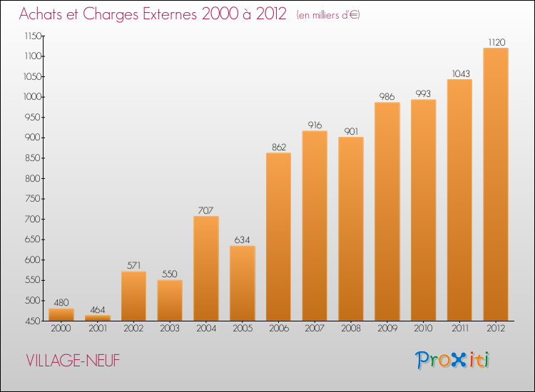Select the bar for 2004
click(x=206, y=268)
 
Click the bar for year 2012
click(x=496, y=184)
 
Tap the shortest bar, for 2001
click(x=98, y=318)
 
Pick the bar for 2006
click(x=278, y=237)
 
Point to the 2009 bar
click(x=387, y=212)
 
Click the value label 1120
click(x=496, y=42)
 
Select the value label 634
click(x=243, y=240)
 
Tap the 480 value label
click(x=61, y=303)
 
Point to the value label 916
click(x=315, y=125)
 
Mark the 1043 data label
click(x=461, y=73)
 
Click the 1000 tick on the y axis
click(x=33, y=97)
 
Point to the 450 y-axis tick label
click(x=33, y=321)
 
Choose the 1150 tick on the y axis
click(x=33, y=36)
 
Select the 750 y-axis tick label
click(x=33, y=199)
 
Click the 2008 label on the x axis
click(x=351, y=329)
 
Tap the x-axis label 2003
click(x=170, y=329)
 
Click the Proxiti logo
click(x=452, y=360)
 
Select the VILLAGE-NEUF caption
click(x=73, y=361)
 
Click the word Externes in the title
click(x=170, y=14)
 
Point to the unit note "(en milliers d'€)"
click(x=328, y=15)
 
